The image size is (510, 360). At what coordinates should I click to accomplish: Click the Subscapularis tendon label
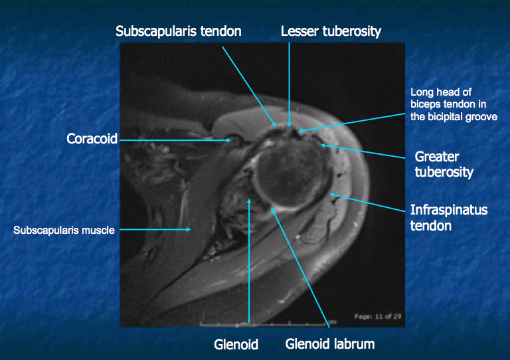[x=178, y=31]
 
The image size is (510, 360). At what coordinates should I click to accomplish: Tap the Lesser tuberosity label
[x=331, y=31]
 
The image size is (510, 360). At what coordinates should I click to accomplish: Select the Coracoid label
[x=92, y=139]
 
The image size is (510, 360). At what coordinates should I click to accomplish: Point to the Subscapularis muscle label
[x=64, y=230]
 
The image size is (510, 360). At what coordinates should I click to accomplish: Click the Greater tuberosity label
[x=444, y=165]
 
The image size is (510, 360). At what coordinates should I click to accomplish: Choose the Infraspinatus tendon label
[x=448, y=218]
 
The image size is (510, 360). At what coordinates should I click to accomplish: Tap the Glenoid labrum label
[x=330, y=344]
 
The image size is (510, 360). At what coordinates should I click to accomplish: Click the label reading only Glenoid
[x=236, y=345]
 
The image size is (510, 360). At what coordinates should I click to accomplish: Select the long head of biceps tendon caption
[x=450, y=104]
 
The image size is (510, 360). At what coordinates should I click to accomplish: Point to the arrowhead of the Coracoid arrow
[x=230, y=140]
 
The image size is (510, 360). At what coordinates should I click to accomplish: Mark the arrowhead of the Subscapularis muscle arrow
[x=190, y=230]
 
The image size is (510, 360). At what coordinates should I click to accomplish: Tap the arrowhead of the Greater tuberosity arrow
[x=322, y=145]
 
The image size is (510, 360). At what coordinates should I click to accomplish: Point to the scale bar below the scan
[x=266, y=324]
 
